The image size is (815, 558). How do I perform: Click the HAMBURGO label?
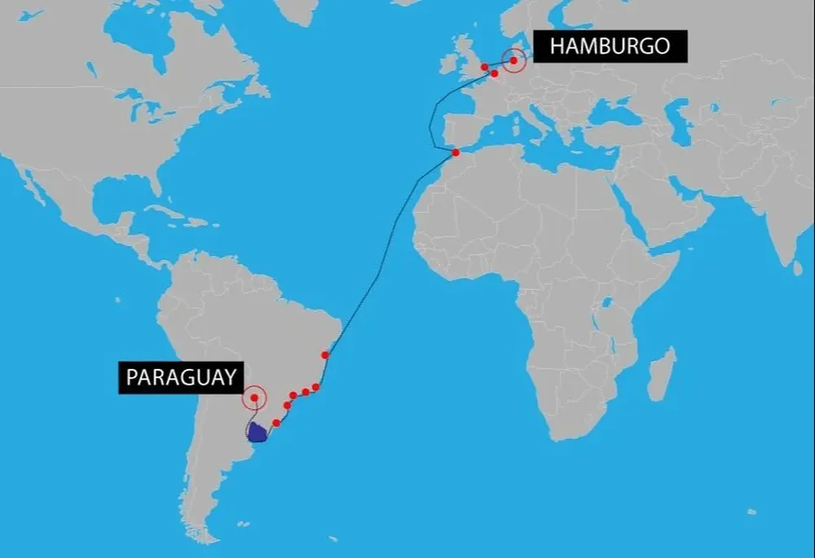pyautogui.click(x=610, y=46)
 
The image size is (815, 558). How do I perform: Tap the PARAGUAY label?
pyautogui.click(x=182, y=377)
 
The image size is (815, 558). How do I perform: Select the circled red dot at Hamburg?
pyautogui.click(x=513, y=59)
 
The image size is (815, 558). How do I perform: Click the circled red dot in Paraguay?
pyautogui.click(x=254, y=398)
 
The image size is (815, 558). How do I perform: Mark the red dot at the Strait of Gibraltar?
pyautogui.click(x=456, y=152)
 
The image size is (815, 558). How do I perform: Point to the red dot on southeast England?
pyautogui.click(x=485, y=67)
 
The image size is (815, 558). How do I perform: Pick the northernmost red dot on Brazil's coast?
pyautogui.click(x=325, y=354)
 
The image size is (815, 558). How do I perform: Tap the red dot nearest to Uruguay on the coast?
pyautogui.click(x=276, y=423)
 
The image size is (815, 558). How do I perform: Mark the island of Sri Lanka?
pyautogui.click(x=797, y=266)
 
